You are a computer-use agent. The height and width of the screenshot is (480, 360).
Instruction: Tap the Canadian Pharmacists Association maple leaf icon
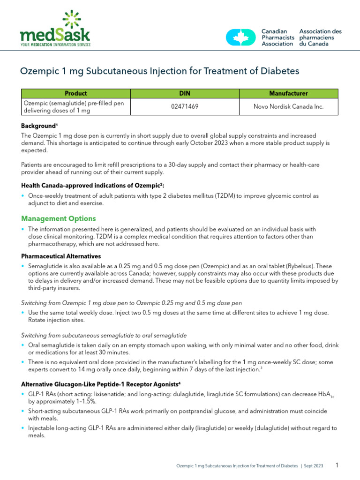[x=241, y=37]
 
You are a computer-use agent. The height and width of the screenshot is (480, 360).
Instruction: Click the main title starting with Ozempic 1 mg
[x=159, y=71]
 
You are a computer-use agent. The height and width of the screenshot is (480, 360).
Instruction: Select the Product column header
[x=75, y=93]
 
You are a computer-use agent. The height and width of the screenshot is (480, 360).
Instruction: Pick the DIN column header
[x=185, y=93]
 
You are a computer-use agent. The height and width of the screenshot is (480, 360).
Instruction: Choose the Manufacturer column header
[x=288, y=93]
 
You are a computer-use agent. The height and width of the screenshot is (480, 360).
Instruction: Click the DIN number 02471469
[x=185, y=106]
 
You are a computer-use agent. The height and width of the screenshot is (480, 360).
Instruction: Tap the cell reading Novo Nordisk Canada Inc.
[x=288, y=106]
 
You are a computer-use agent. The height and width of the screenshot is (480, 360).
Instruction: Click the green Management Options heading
[x=59, y=218]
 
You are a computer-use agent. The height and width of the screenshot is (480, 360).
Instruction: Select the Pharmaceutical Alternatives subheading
[x=61, y=256]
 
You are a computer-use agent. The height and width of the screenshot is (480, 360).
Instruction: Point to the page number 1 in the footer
[x=337, y=465]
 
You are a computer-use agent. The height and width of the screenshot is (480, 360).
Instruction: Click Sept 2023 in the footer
[x=313, y=466]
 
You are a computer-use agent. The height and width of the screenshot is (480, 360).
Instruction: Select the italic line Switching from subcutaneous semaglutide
[x=104, y=335]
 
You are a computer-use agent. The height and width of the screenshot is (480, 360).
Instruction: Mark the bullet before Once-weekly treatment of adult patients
[x=23, y=195]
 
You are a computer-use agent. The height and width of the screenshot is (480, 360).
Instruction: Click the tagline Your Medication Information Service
[x=55, y=45]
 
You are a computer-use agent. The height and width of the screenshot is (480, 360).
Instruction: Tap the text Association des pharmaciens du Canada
[x=320, y=37]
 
